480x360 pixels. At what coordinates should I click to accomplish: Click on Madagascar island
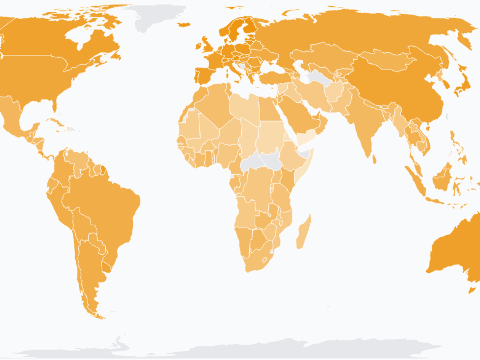[x=303, y=232]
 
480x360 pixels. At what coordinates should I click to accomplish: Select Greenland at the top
[x=157, y=17]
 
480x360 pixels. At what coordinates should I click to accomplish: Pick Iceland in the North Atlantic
[x=184, y=24]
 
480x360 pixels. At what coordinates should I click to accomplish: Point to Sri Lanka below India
[x=374, y=159]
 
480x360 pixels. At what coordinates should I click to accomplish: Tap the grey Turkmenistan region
[x=317, y=77]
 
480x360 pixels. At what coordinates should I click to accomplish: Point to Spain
[x=204, y=75]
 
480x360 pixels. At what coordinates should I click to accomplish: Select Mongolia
[x=386, y=60]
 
